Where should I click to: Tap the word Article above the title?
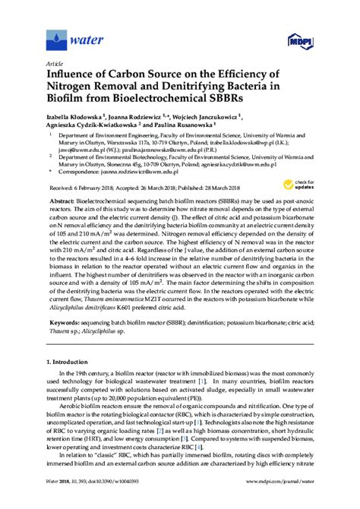(x=55, y=63)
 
